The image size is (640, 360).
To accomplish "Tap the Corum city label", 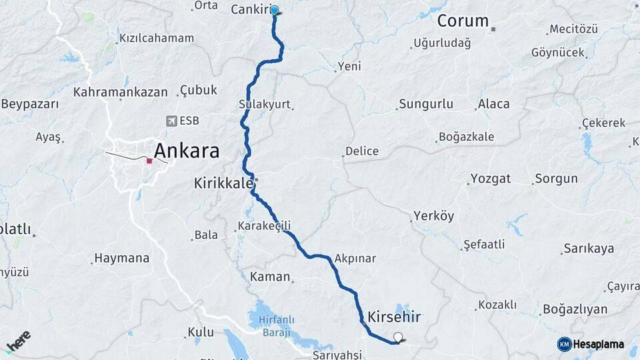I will (x=463, y=21).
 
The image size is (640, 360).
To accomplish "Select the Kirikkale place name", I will (x=223, y=183).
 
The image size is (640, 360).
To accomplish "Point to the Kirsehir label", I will (x=394, y=316).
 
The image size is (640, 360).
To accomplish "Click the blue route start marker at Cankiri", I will (x=274, y=10).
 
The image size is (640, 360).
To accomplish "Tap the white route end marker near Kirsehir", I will (x=399, y=337).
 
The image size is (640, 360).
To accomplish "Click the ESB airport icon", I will (x=172, y=121).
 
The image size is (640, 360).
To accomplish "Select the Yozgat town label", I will (x=491, y=179).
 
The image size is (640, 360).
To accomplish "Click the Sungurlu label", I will (x=425, y=104).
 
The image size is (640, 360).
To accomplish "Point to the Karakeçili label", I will (x=264, y=227).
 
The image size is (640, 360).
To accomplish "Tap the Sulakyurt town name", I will (x=264, y=105).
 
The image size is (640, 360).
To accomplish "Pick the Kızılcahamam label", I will (x=156, y=38).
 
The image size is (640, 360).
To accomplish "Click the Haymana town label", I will (x=121, y=258).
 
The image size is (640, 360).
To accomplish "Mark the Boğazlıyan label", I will (x=575, y=309).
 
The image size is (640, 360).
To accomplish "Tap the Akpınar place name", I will (x=355, y=259).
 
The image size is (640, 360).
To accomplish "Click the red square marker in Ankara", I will (x=149, y=161).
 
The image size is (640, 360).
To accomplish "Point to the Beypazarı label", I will (x=30, y=104).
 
